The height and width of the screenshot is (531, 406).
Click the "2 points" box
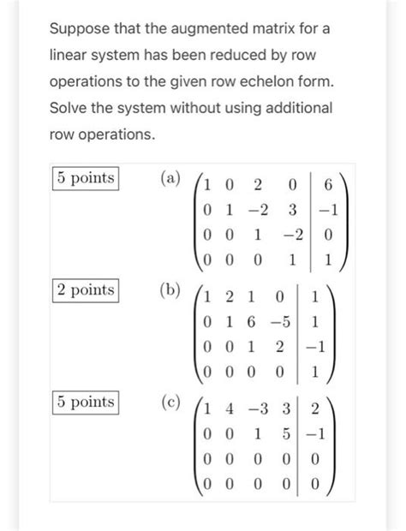point(85,290)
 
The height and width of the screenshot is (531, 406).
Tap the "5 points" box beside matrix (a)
point(85,179)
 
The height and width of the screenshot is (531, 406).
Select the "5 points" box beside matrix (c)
point(85,402)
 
